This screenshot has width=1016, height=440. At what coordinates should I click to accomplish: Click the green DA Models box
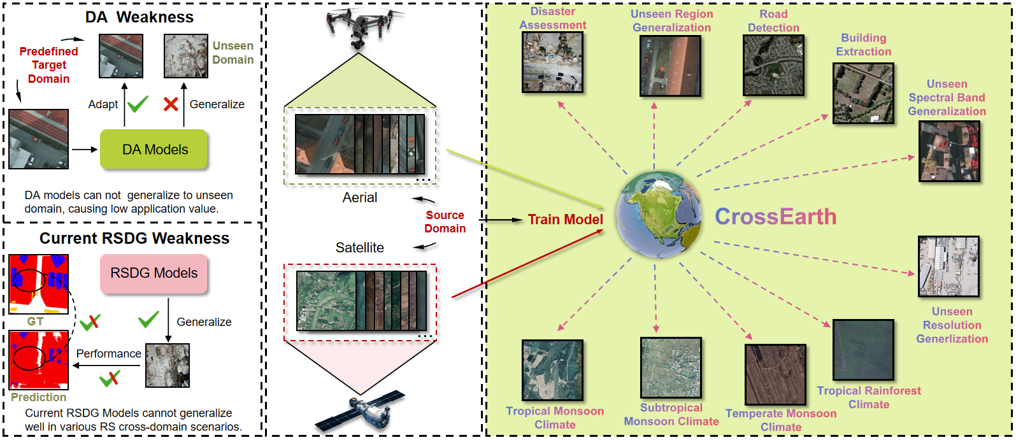[x=154, y=150]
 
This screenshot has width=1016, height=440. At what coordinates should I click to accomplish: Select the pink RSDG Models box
[x=154, y=273]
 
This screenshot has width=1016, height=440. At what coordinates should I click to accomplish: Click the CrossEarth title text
[x=775, y=216]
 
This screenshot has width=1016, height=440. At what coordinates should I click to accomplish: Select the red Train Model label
[x=565, y=220]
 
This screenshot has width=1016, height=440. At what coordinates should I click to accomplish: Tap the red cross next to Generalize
[x=170, y=104]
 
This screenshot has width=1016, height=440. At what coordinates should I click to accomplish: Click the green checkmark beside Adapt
[x=138, y=104]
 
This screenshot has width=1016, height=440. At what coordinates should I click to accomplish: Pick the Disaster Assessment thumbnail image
[x=552, y=62]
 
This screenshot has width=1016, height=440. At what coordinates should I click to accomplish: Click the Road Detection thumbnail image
[x=773, y=66]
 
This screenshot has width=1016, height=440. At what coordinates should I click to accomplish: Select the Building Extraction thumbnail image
[x=863, y=93]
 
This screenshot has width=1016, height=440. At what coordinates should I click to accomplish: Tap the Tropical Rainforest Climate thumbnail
[x=863, y=350]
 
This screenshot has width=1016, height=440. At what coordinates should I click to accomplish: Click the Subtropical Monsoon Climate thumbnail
[x=671, y=367]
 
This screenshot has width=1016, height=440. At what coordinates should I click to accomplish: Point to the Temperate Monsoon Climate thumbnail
[x=775, y=374]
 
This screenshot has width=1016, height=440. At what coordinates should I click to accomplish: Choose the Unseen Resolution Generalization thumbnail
[x=948, y=267]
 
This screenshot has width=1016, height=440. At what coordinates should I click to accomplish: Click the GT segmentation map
[x=38, y=284]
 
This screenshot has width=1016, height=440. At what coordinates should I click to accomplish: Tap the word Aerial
[x=360, y=198]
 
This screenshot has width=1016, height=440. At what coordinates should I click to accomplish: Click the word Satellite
[x=360, y=248]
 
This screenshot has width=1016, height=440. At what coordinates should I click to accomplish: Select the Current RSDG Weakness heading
[x=134, y=238]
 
